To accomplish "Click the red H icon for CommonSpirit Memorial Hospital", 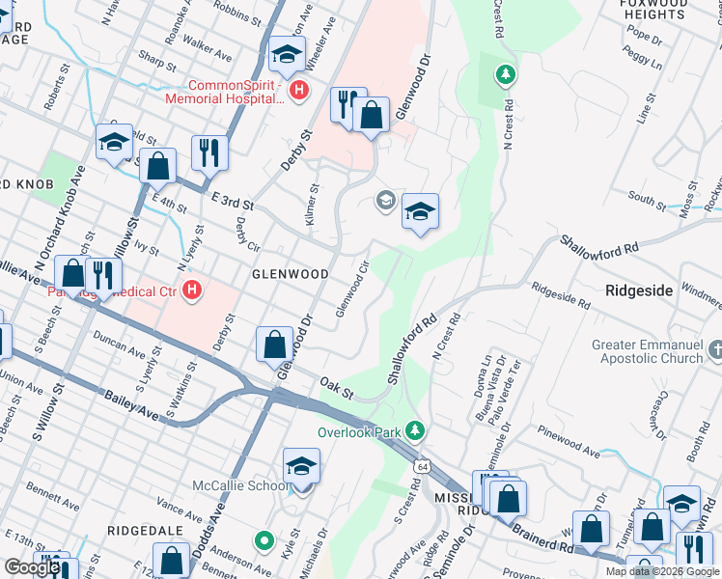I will pyautogui.click(x=299, y=91).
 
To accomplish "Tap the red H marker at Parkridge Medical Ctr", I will pyautogui.click(x=193, y=289).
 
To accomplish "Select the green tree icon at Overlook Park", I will pyautogui.click(x=415, y=429).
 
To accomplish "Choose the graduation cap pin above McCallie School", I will pyautogui.click(x=301, y=466).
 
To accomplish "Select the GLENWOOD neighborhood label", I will pyautogui.click(x=264, y=274).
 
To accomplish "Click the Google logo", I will pyautogui.click(x=32, y=567).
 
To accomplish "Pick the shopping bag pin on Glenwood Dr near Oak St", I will pyautogui.click(x=275, y=344).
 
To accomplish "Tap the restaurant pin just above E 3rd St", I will pyautogui.click(x=208, y=152).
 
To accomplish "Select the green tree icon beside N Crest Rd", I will pyautogui.click(x=505, y=74).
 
